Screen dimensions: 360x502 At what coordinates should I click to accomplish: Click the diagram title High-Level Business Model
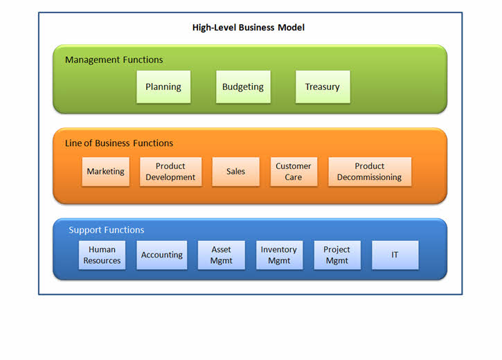[249, 28]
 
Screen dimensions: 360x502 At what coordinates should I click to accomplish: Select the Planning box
[163, 87]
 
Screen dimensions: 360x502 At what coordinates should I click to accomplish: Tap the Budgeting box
[242, 87]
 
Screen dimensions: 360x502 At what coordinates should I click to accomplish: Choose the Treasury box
[322, 87]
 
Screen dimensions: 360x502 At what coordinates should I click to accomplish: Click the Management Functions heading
[114, 60]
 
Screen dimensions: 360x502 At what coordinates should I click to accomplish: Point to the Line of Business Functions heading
[119, 143]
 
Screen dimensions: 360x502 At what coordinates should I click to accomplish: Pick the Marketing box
[105, 172]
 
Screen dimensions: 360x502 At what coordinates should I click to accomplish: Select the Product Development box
[170, 172]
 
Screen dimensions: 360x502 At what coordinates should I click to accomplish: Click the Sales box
[235, 172]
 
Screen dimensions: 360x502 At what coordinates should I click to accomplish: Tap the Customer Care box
[294, 172]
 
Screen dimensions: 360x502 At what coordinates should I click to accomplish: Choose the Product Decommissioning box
[369, 172]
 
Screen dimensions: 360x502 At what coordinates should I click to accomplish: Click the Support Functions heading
[107, 230]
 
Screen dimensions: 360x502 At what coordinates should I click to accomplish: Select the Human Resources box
[102, 255]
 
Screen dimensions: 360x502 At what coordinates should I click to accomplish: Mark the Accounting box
[161, 255]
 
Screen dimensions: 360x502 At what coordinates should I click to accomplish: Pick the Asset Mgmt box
[221, 255]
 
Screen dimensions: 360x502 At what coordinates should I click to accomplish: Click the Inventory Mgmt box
[278, 255]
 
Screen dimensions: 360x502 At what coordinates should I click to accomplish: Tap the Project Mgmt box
[337, 255]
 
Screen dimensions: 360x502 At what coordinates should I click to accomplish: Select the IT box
[395, 255]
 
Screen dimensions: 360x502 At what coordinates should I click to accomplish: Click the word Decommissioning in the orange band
[369, 177]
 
